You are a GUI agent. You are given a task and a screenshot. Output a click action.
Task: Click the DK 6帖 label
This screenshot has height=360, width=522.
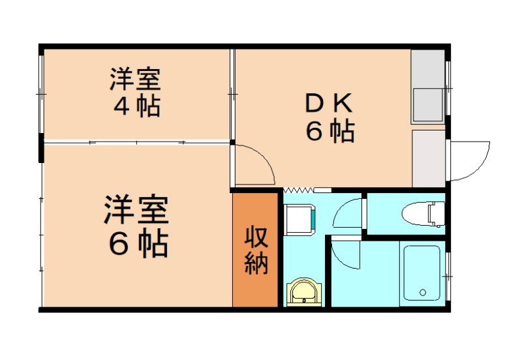(330, 118)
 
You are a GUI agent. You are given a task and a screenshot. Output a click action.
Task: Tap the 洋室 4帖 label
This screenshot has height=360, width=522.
(135, 92)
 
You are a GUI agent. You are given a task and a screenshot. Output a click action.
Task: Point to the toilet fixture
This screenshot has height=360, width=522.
(423, 213)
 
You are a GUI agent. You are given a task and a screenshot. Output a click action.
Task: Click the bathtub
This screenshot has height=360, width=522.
(423, 272)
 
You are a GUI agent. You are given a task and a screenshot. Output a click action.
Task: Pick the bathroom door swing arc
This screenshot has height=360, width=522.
(346, 254)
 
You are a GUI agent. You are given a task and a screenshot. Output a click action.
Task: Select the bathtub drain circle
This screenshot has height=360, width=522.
(422, 292)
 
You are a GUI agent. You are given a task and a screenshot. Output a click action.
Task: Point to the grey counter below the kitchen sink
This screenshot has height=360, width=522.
(428, 158)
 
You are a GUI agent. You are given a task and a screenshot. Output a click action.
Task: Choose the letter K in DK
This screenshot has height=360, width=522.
(345, 103)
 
